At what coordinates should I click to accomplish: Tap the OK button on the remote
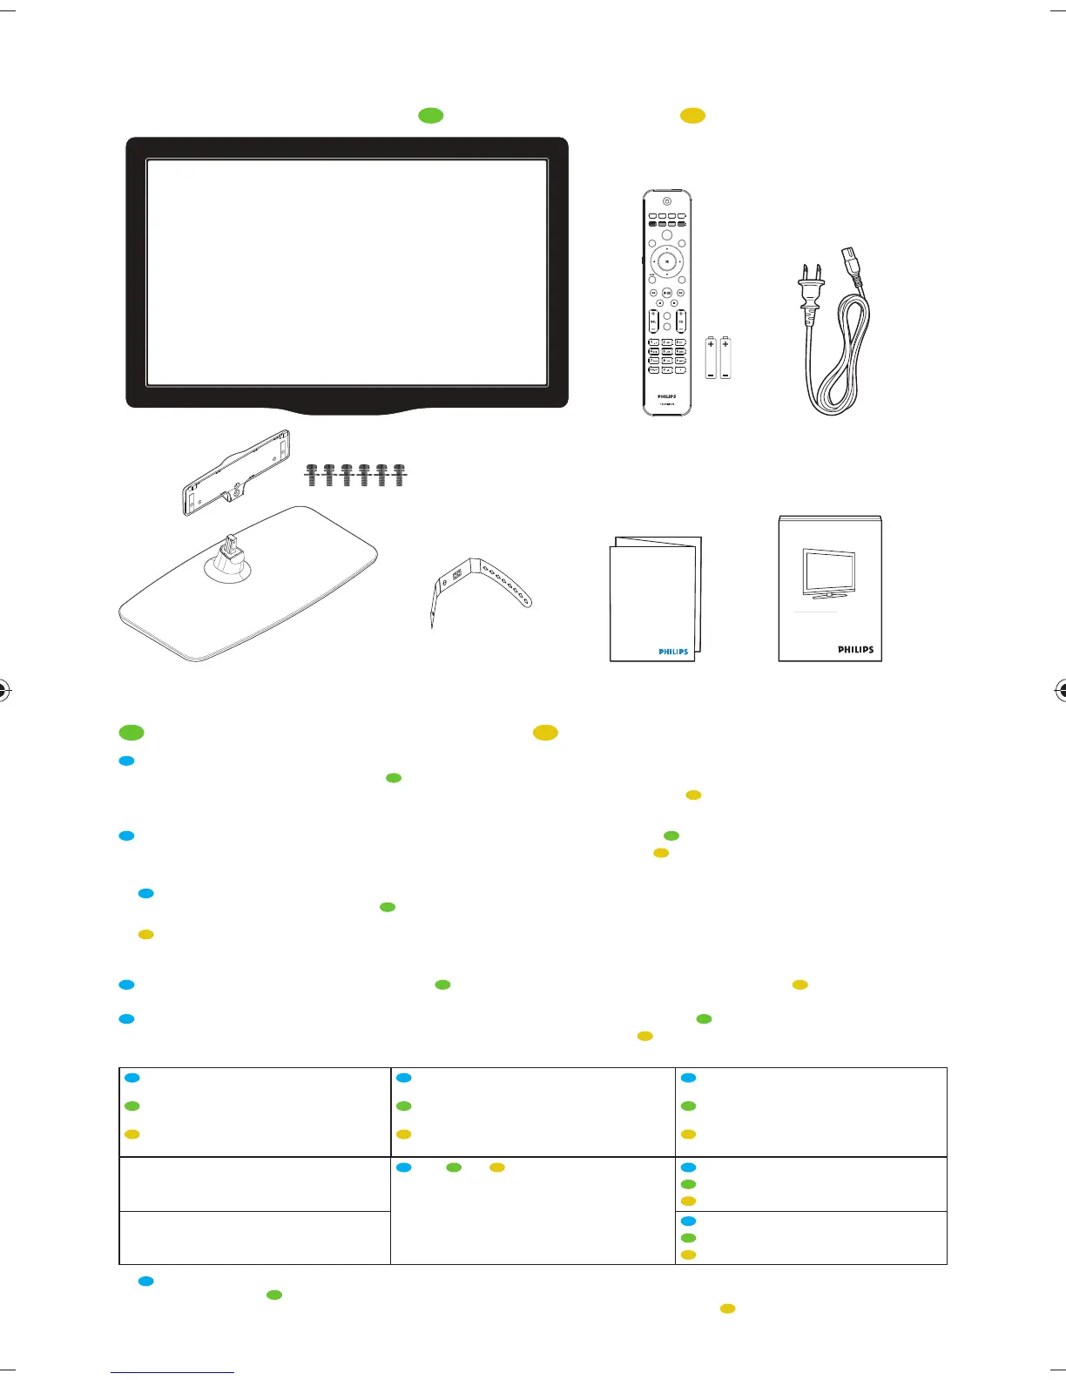click(666, 260)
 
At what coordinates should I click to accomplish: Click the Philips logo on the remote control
click(666, 396)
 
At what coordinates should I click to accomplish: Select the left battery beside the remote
click(711, 358)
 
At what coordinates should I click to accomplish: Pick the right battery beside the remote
click(725, 358)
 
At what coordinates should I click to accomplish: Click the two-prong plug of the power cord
click(808, 296)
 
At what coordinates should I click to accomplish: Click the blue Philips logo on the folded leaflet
click(672, 652)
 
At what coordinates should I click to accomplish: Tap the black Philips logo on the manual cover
click(855, 650)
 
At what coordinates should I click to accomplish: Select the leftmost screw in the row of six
click(312, 475)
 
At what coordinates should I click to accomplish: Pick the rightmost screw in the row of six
click(399, 475)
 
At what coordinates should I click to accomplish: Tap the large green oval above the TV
click(431, 116)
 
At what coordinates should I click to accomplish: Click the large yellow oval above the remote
click(692, 116)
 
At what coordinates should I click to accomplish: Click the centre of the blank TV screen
click(347, 272)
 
